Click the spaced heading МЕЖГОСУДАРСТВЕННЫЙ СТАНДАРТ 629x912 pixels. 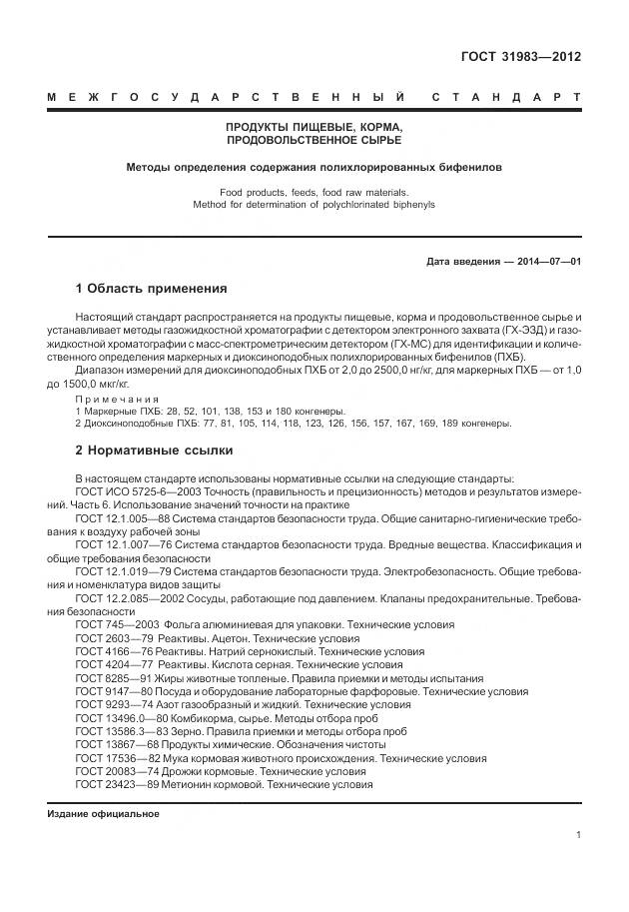click(314, 98)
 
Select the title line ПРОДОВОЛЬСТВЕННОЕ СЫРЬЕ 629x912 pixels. click(314, 141)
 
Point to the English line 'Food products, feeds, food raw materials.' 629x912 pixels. click(314, 191)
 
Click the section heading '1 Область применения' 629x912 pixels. click(151, 289)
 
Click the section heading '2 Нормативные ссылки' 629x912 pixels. click(154, 450)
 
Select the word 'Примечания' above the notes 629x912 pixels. click(117, 399)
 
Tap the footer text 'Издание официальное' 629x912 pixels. click(103, 814)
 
